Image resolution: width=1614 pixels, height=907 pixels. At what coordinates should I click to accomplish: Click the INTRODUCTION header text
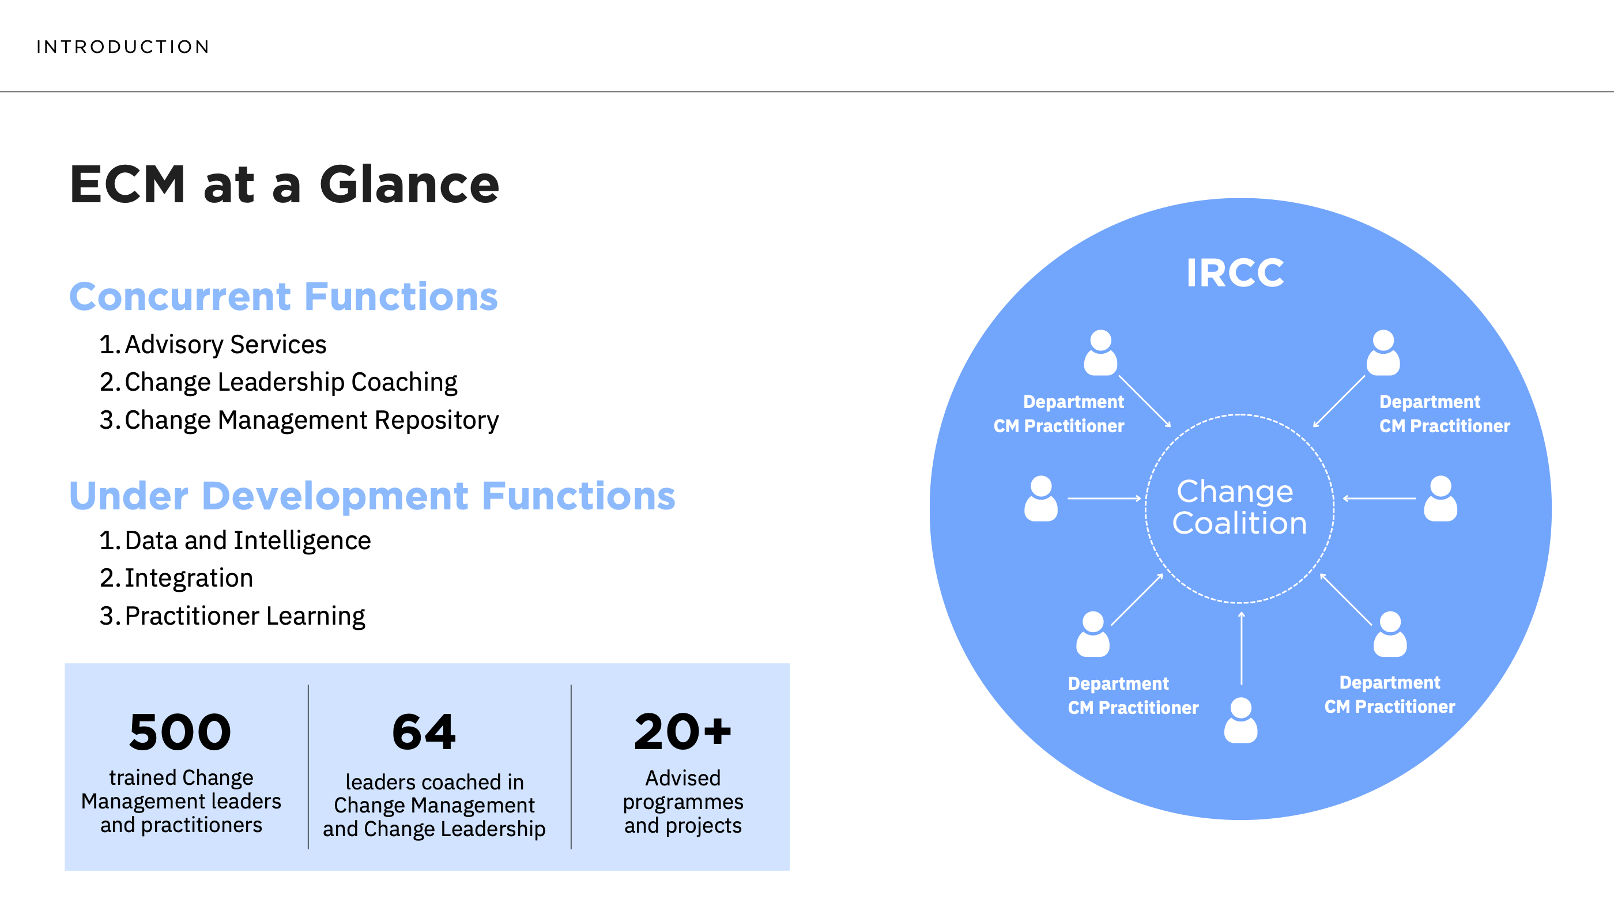(123, 47)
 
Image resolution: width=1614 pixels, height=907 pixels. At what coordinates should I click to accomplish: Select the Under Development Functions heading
(372, 496)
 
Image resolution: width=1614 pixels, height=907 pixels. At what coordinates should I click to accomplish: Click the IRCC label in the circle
(1235, 273)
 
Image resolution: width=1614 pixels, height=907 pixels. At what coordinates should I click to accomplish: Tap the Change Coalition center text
(1239, 507)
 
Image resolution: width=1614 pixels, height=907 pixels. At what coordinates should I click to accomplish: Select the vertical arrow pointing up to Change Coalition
(1241, 648)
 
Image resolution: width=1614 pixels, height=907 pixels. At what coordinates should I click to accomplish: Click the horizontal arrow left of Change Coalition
(1104, 498)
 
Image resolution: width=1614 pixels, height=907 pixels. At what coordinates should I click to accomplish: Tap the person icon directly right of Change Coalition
(1440, 498)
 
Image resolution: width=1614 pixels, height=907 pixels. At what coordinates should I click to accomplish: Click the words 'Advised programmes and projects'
(682, 802)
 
